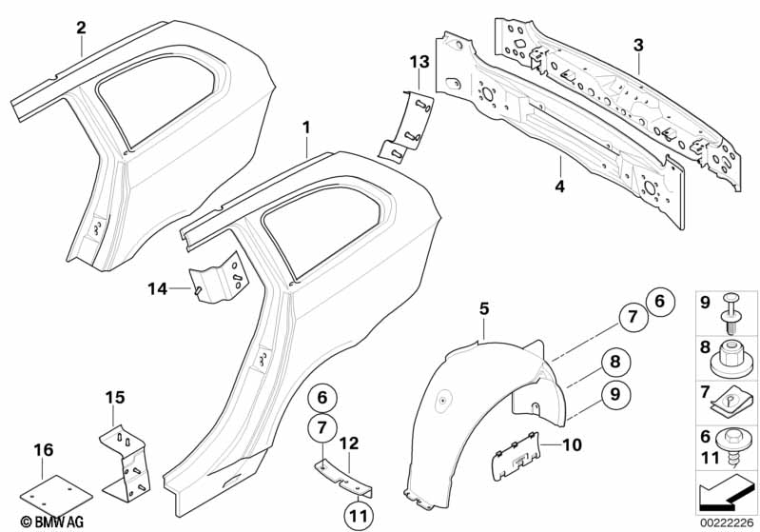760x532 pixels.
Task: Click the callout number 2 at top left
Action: [82, 27]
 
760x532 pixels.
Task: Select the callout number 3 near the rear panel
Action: [638, 45]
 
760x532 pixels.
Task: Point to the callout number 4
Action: [559, 187]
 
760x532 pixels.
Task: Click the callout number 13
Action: [414, 62]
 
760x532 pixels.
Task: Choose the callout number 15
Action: [114, 395]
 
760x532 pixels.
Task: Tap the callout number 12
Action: [349, 443]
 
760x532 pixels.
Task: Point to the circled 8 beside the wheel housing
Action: [615, 362]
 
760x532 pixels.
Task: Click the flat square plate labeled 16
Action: [58, 489]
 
